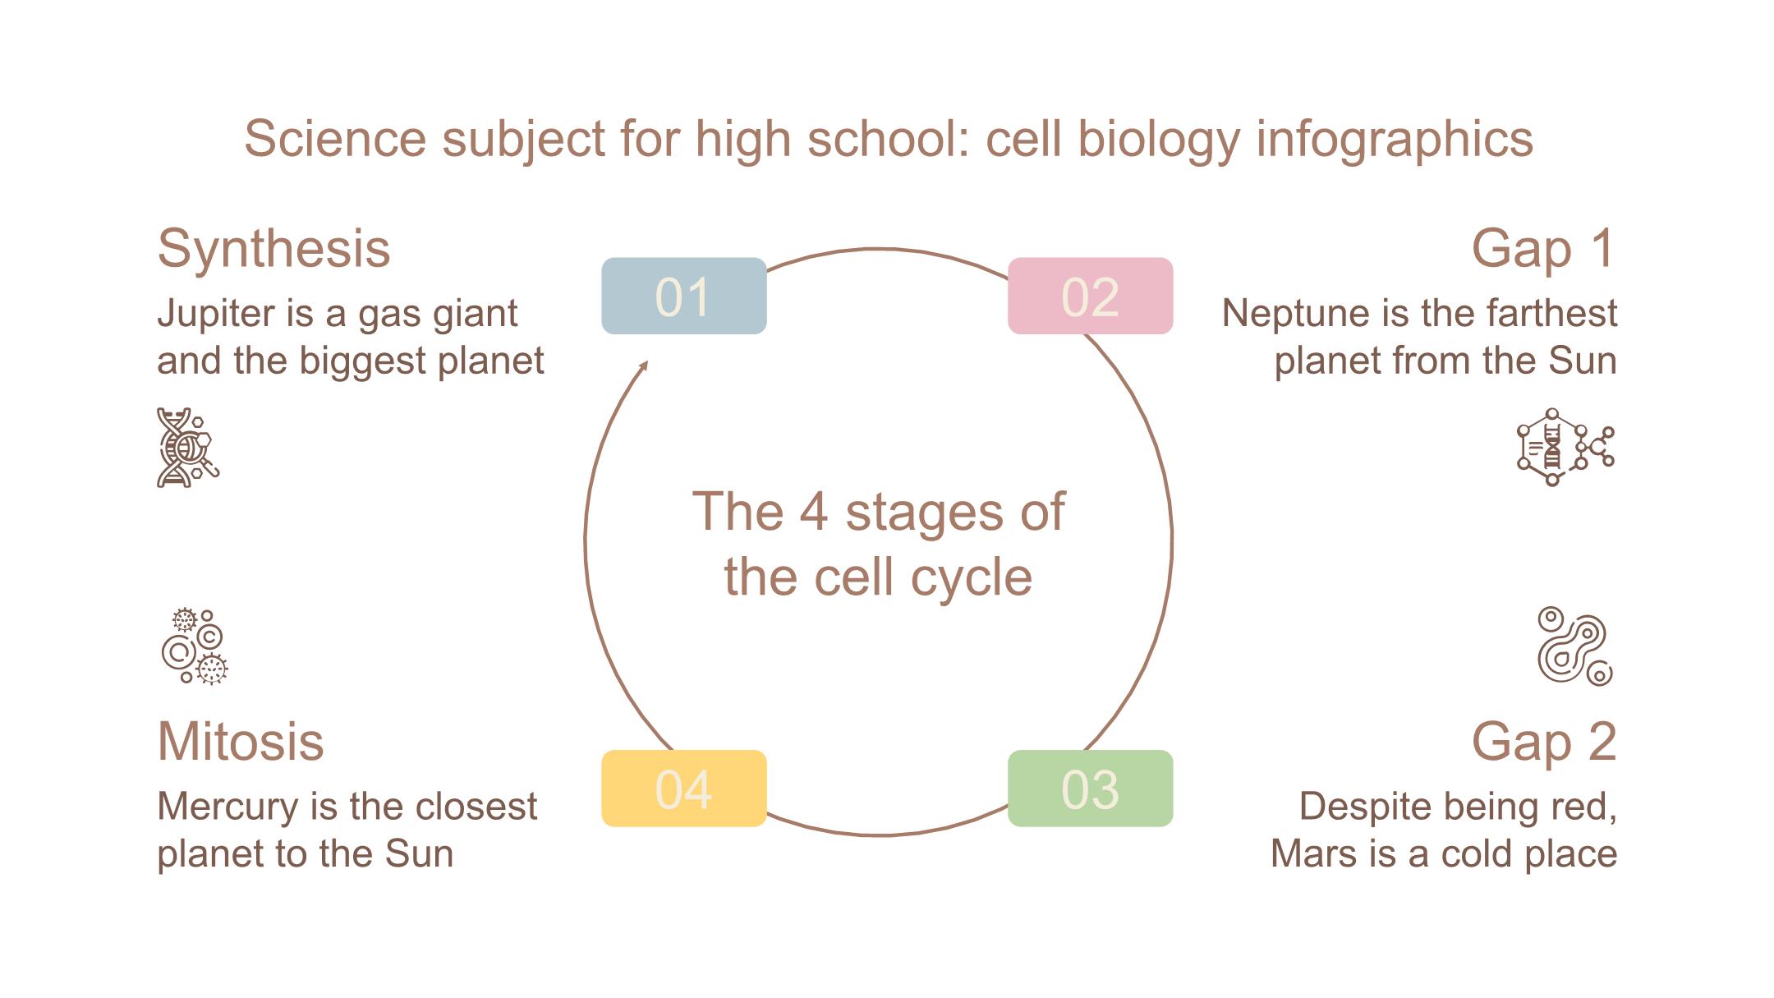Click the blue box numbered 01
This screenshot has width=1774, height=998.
[x=683, y=296]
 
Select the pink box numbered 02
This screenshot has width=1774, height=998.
[x=1090, y=296]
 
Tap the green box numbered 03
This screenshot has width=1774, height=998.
[x=1090, y=789]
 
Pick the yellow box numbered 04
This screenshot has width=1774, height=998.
[x=683, y=789]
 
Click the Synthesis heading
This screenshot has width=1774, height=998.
[x=273, y=248]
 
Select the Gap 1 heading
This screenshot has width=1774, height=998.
[x=1543, y=248]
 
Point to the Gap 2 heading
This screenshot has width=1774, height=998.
[x=1543, y=741]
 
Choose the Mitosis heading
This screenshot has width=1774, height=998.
[x=241, y=741]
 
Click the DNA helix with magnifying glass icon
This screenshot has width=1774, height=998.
[x=188, y=448]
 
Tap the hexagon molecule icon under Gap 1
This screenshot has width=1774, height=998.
[x=1565, y=448]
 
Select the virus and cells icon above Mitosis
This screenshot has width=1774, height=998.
[x=195, y=646]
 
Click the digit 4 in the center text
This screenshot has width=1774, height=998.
[x=813, y=512]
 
